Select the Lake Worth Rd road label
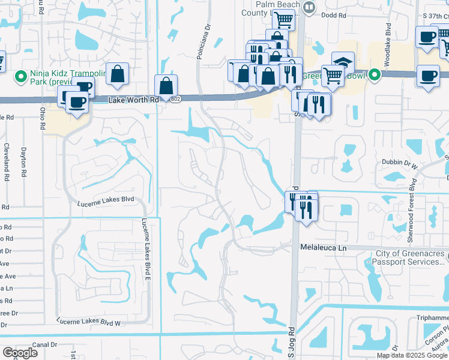(x=133, y=100)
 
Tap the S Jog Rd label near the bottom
(x=292, y=342)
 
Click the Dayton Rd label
(x=24, y=161)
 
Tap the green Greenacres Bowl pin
(x=375, y=76)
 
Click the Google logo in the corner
(x=20, y=352)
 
